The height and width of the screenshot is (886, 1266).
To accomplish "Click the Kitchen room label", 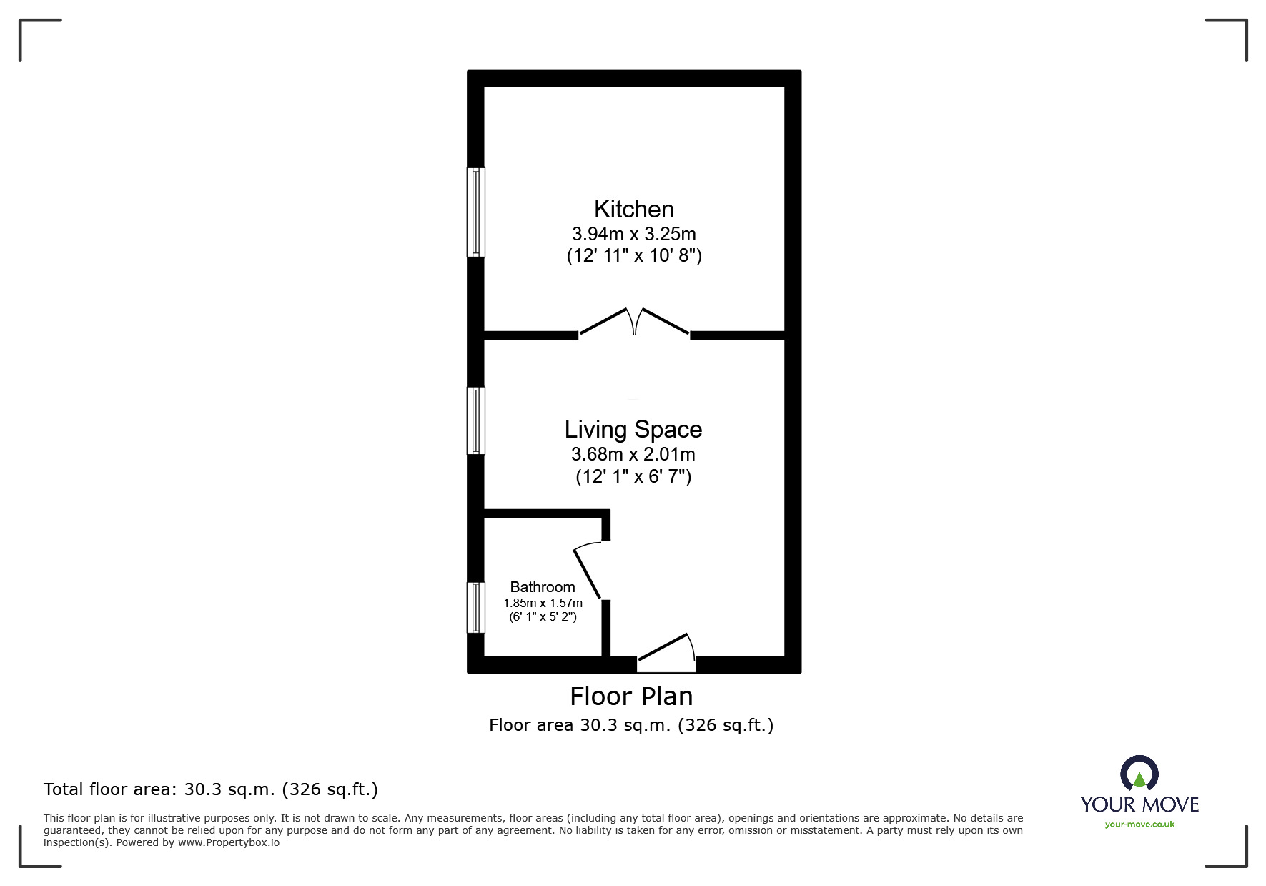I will pyautogui.click(x=633, y=209).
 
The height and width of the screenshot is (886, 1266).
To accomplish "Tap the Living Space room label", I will pyautogui.click(x=633, y=429).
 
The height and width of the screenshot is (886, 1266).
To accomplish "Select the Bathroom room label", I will pyautogui.click(x=543, y=587).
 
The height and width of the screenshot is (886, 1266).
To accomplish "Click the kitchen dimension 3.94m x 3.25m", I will pyautogui.click(x=633, y=234).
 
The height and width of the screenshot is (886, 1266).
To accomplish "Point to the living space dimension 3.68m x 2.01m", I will pyautogui.click(x=633, y=454).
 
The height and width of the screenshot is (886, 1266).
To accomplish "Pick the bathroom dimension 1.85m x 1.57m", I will pyautogui.click(x=543, y=603).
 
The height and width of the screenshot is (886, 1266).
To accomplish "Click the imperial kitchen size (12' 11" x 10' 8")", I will pyautogui.click(x=633, y=255).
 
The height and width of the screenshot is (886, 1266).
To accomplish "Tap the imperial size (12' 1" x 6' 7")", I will pyautogui.click(x=633, y=476).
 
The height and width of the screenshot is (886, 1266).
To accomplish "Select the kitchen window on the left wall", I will pyautogui.click(x=475, y=212).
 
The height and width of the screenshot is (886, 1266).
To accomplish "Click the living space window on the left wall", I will pyautogui.click(x=475, y=420).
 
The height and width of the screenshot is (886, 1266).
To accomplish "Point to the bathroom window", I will pyautogui.click(x=475, y=607).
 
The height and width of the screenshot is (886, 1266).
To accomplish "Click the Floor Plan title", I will pyautogui.click(x=631, y=696).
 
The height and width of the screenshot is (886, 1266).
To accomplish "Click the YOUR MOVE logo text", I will pyautogui.click(x=1139, y=804).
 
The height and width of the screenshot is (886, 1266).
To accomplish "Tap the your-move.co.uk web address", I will pyautogui.click(x=1139, y=825).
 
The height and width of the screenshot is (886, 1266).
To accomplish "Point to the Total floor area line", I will pyautogui.click(x=211, y=789).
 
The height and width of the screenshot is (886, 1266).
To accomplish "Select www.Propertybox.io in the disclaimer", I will pyautogui.click(x=228, y=842).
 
